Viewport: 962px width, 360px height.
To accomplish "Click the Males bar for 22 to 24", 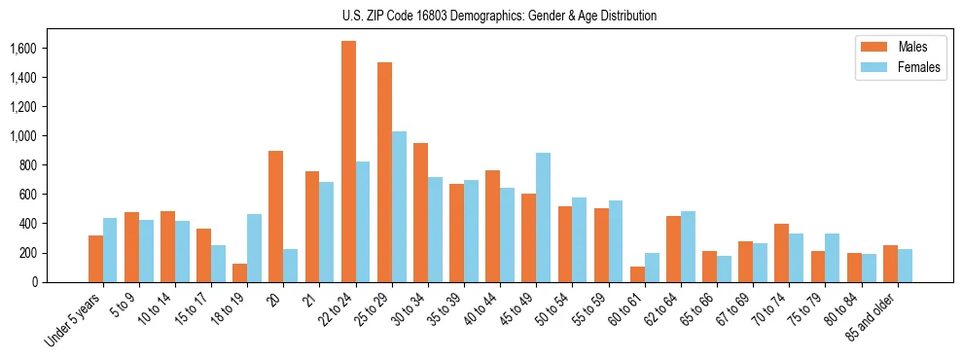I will pos(348,162).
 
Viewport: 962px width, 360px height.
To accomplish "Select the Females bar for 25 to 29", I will pos(399,206).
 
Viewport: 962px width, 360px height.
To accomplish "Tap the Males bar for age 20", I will pos(276,216).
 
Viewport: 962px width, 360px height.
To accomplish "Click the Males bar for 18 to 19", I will pos(239,272).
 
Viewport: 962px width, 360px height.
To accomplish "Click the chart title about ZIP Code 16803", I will pos(499,16).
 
